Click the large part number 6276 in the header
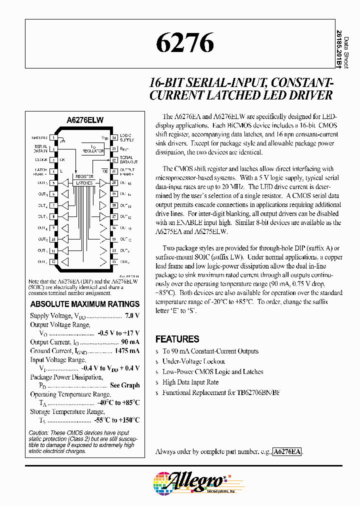pos(185,43)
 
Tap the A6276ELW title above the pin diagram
pos(84,120)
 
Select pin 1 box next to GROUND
pos(53,137)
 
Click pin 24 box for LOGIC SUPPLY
pos(114,137)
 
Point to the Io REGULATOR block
pos(93,148)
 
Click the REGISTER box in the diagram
pos(84,177)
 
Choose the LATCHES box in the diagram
pos(84,183)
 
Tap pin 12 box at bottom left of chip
pos(53,261)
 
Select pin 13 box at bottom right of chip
pos(114,261)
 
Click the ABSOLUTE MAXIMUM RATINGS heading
pos(85,304)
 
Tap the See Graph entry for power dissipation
pos(124,385)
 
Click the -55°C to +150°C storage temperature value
pos(116,420)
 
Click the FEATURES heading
pos(177,339)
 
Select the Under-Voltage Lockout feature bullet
pos(193,361)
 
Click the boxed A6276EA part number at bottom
pos(287,451)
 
